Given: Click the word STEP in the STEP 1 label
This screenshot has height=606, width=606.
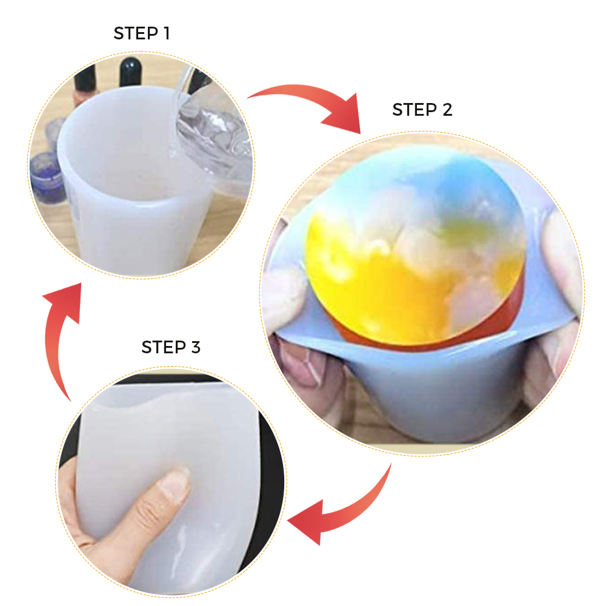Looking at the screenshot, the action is click(136, 33).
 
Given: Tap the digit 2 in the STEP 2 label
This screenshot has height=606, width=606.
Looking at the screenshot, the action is click(447, 110).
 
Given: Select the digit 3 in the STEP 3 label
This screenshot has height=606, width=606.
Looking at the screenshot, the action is click(196, 347).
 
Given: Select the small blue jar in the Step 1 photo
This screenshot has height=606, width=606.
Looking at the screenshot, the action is click(47, 174).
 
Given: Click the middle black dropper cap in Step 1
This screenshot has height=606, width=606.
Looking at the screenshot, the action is click(130, 72).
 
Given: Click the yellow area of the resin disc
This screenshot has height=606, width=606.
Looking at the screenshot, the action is click(371, 286).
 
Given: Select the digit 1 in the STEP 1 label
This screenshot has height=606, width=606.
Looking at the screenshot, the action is click(167, 33).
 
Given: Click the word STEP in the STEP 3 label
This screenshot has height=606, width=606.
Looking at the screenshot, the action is click(164, 347).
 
